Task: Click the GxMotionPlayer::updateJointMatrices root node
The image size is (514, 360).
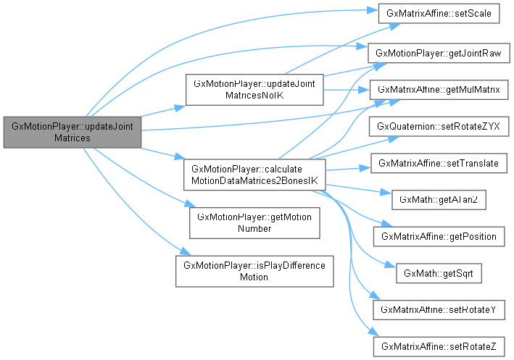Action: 72,131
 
